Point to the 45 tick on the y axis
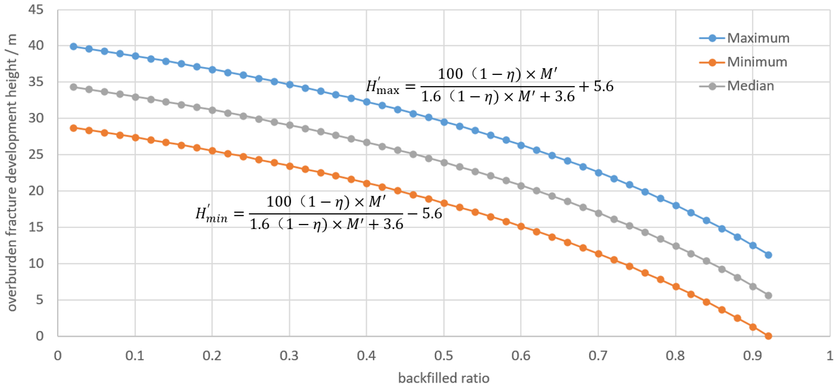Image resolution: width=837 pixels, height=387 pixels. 36,10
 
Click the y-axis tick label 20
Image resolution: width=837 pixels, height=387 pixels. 36,191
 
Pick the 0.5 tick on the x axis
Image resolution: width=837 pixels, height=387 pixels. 443,356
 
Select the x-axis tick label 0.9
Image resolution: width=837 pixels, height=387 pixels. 753,356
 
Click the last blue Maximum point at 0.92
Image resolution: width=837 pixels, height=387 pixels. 768,255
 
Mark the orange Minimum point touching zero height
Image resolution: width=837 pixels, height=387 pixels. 768,336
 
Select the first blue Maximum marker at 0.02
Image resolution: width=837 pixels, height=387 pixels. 73,46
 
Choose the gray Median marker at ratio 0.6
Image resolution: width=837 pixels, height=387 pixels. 521,186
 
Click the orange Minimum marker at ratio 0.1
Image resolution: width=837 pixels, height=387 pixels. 136,138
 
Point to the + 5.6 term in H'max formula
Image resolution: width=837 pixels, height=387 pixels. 596,86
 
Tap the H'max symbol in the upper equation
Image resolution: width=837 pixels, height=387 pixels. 382,87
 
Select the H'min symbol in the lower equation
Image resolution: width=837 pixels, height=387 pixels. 211,214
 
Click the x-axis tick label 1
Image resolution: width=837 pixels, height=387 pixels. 830,356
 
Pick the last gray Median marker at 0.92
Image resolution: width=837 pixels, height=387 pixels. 768,295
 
